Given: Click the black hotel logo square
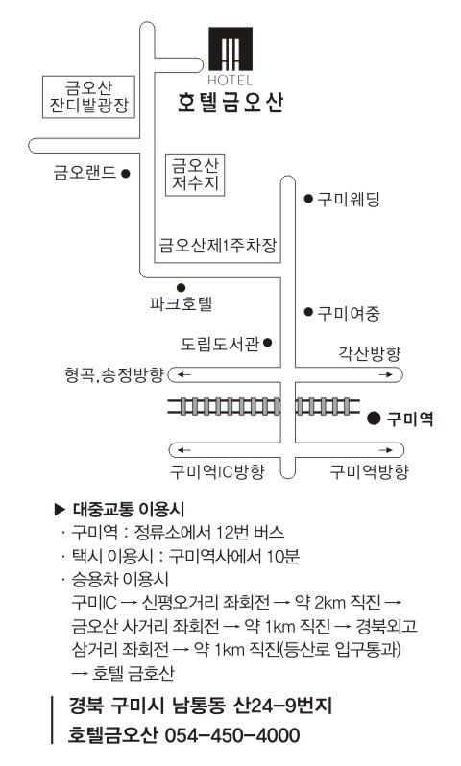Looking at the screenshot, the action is point(230,49).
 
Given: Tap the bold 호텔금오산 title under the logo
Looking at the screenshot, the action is point(230,103).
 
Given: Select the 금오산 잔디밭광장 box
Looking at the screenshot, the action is point(88,97).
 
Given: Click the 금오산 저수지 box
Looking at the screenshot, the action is point(195,176).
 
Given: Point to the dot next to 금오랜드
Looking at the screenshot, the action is point(126,173).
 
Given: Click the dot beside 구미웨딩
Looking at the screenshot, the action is point(308,199).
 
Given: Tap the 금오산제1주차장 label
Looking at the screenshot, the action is point(218,245).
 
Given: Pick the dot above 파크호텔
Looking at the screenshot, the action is point(181,287).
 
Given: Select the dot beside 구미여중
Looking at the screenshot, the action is point(308,311).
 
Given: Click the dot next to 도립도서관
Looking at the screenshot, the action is point(267,343).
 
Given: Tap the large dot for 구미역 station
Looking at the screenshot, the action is point(374,419).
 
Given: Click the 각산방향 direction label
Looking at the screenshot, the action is point(370,352).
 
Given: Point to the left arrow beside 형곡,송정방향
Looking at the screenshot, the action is point(183,375).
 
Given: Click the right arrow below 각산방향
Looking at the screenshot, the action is point(386,375).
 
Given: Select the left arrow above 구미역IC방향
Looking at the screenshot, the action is point(183,450).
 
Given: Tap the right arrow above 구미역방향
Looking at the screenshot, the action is point(386,450).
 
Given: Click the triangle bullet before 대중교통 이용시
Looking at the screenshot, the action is point(60,510).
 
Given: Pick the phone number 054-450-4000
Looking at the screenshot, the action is point(232,734).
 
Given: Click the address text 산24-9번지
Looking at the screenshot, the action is point(283,706).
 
